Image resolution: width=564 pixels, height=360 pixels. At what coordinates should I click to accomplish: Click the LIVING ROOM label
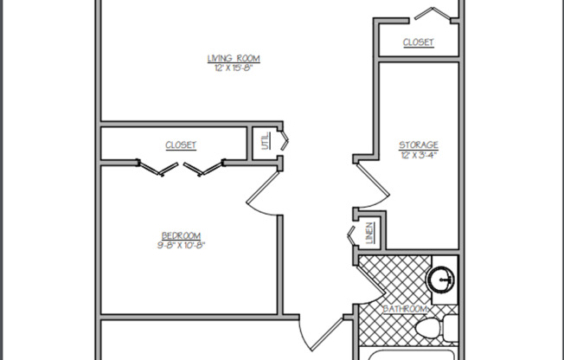point(233,59)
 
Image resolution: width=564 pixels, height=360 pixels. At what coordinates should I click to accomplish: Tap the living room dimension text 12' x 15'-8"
point(233,68)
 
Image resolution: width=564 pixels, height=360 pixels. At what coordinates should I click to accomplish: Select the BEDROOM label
point(181,236)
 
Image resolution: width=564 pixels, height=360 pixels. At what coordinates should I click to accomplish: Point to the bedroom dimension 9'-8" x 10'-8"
point(181,246)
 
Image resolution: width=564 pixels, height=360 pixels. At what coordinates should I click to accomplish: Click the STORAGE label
point(418,145)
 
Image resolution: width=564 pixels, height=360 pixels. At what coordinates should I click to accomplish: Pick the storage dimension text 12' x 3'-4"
point(418,155)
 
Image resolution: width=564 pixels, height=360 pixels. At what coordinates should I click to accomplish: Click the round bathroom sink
point(442,280)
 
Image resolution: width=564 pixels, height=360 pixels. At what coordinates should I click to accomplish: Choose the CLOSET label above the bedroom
point(181,145)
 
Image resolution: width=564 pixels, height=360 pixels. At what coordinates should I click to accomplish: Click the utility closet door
point(285,140)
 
